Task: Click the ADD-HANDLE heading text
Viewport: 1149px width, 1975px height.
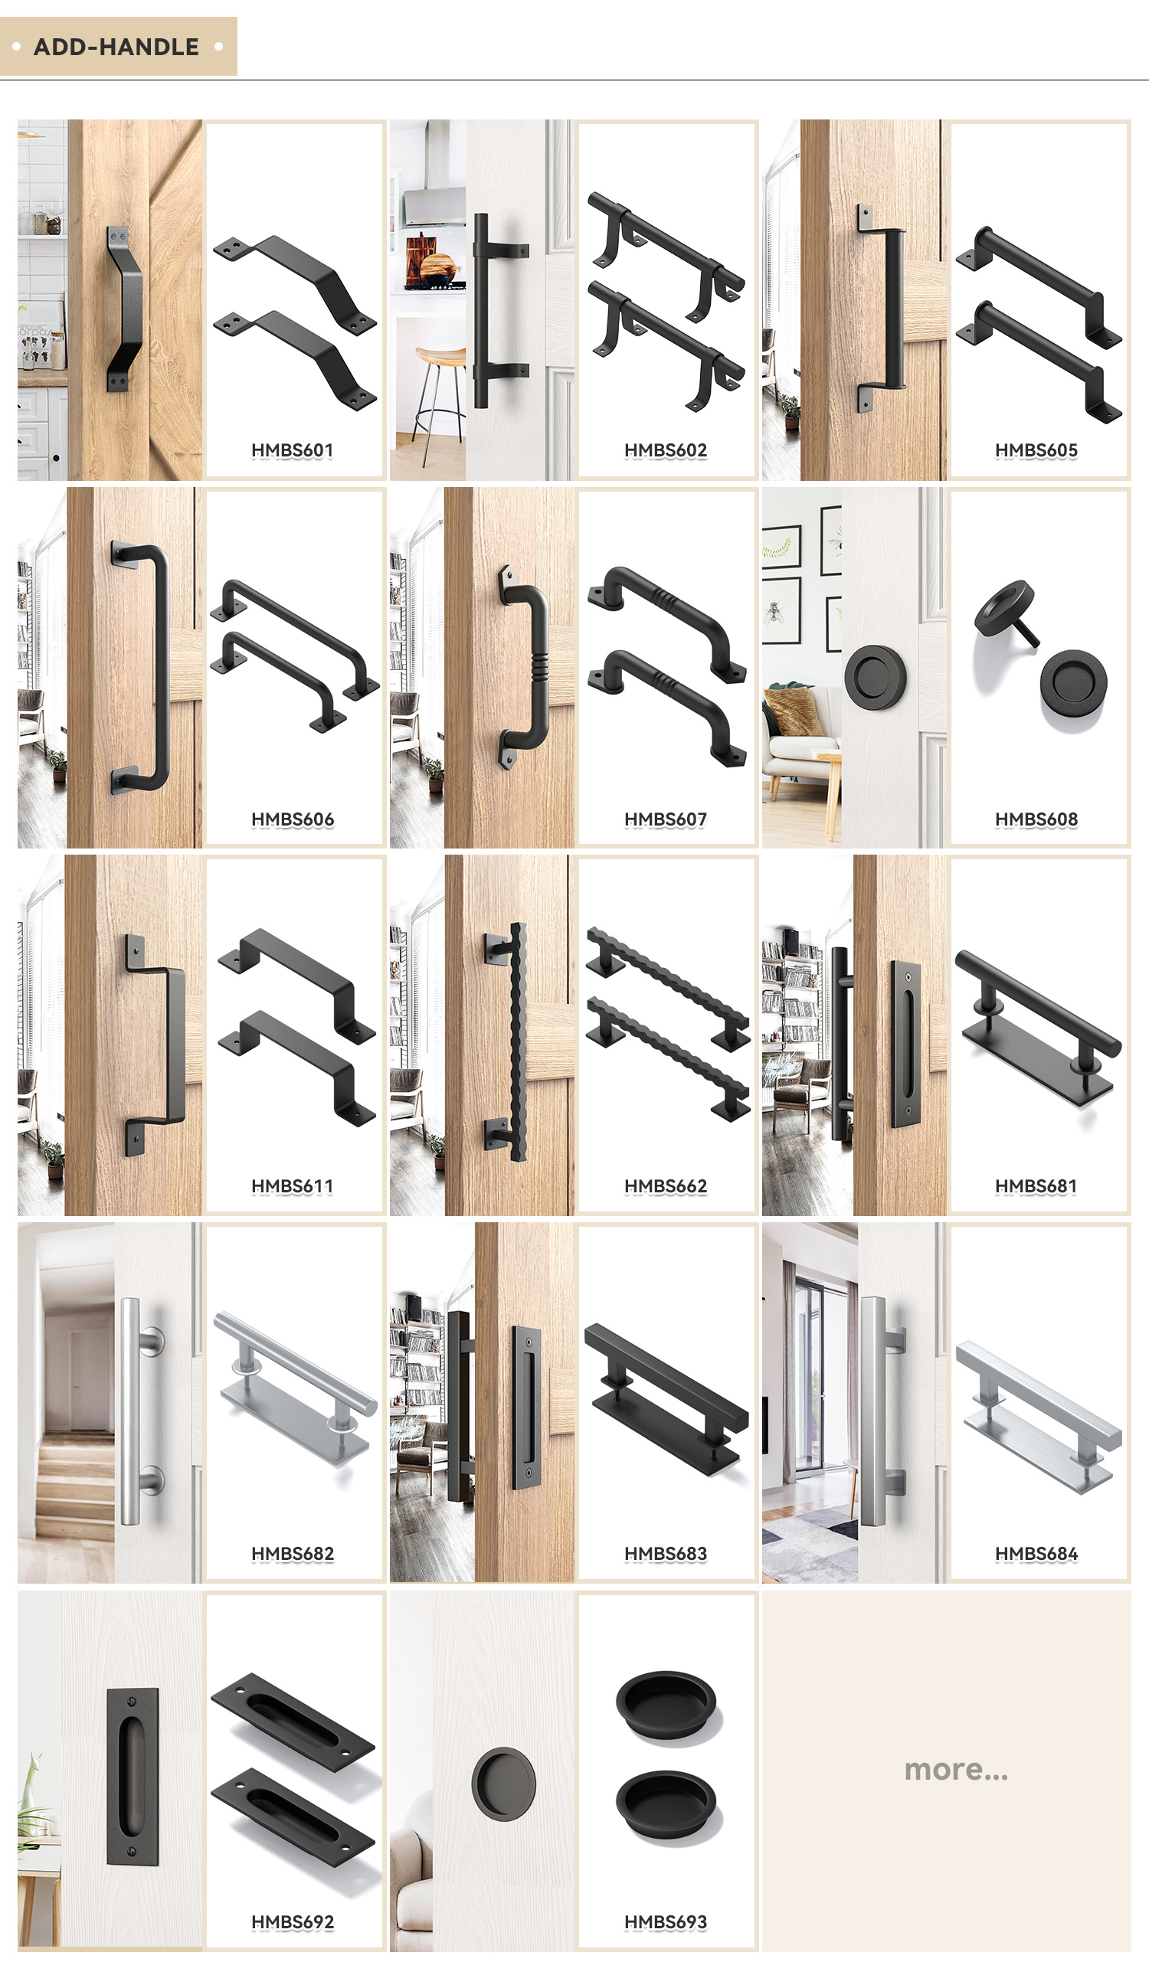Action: point(116,47)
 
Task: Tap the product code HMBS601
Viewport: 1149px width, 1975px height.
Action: point(293,450)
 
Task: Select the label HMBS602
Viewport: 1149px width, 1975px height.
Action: point(666,450)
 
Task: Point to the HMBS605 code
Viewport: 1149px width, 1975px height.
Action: point(1036,450)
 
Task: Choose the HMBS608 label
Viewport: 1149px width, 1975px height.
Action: point(1036,819)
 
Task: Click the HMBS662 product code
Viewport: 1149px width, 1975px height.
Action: point(666,1186)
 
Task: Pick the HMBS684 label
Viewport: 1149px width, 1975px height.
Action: point(1036,1553)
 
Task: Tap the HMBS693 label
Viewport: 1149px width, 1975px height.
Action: point(666,1921)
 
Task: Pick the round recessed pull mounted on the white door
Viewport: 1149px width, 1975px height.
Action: point(504,1783)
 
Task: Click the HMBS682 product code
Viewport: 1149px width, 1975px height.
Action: point(293,1553)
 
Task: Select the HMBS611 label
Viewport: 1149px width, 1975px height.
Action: point(293,1186)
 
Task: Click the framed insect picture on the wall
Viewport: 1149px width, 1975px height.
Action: point(781,610)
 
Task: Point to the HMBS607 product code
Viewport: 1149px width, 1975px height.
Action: point(666,819)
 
